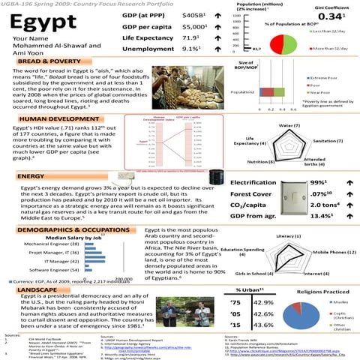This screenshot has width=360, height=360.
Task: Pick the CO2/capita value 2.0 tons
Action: pos(319,206)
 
